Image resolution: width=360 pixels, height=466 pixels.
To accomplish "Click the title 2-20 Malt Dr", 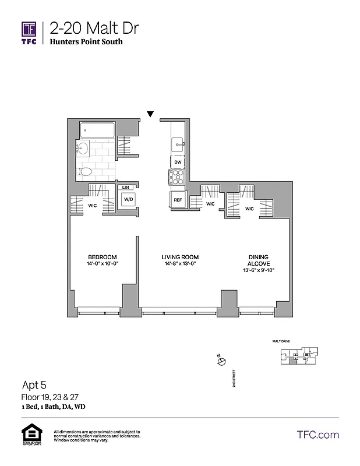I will coord(94,28).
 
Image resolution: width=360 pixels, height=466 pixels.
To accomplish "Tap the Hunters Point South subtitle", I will coord(86,42).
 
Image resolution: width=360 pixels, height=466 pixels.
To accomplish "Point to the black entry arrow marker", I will coord(150,114).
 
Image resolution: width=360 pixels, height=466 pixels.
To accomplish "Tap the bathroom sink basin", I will coord(83,149).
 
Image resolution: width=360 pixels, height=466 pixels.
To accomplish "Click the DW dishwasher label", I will coord(178,163).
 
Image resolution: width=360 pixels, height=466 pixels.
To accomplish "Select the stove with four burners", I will coord(177,178).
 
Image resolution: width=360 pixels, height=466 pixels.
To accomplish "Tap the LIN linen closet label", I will coord(125,187).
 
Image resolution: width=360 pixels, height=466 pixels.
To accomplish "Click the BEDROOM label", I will coord(103,257).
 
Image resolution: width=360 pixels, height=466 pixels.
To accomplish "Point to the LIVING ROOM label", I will coord(180,257).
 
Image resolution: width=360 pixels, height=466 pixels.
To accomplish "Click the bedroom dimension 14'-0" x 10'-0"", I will coord(103,264).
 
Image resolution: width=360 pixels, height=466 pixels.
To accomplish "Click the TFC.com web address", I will coord(317,435).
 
